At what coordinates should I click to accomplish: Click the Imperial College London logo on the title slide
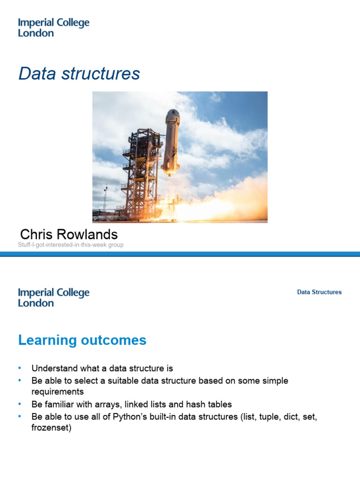(53, 28)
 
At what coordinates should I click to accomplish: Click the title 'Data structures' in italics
(79, 74)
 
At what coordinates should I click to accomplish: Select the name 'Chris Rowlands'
(69, 234)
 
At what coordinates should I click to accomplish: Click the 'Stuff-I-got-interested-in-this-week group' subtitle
(71, 245)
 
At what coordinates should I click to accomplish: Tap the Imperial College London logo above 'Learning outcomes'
(53, 298)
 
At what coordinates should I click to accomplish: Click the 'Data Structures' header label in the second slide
(319, 292)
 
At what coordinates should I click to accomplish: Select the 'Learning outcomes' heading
(82, 340)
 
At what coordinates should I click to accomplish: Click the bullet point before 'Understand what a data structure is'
(20, 368)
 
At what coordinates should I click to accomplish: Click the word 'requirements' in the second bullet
(57, 392)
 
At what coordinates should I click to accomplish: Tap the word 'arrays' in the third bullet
(120, 404)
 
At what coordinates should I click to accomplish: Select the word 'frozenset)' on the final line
(51, 428)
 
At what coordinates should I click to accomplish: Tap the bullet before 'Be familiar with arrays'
(20, 404)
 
